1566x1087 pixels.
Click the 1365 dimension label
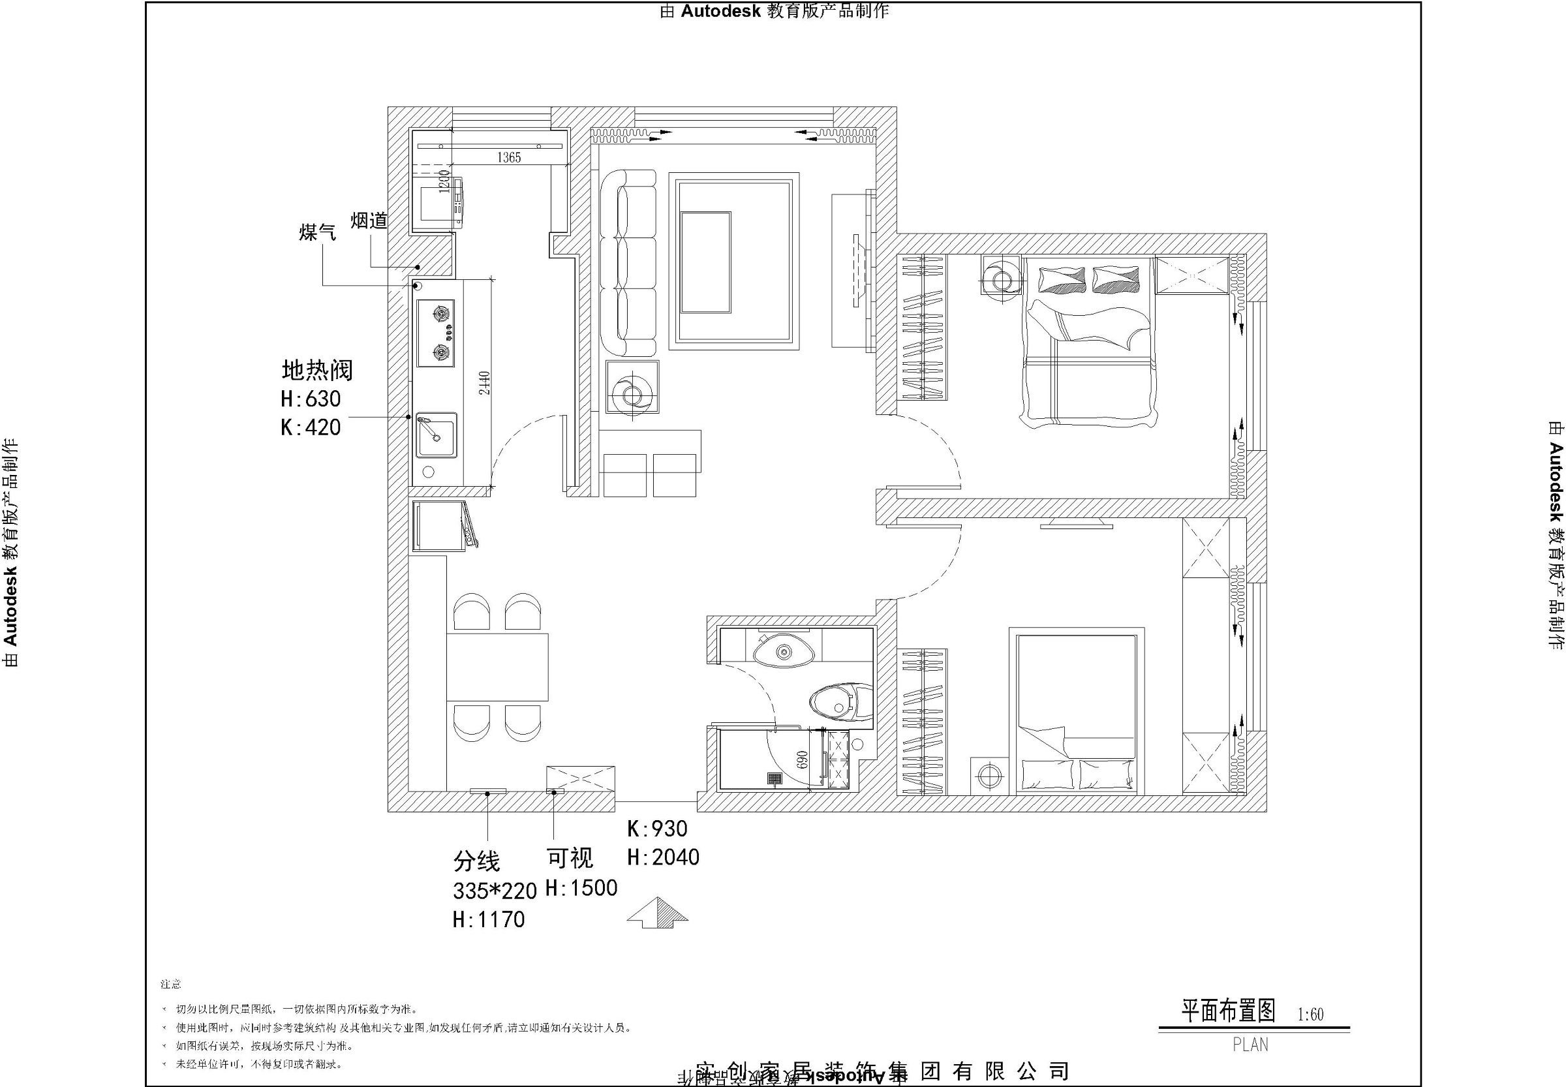508,158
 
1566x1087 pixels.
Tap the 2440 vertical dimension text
483,383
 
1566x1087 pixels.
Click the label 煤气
317,233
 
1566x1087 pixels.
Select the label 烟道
369,221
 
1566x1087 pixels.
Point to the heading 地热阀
317,371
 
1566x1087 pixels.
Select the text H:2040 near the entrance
663,857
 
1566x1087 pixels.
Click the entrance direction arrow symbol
657,912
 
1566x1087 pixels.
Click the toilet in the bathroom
840,702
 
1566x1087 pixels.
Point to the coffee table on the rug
706,262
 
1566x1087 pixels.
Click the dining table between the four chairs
497,667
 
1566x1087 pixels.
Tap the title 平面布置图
1228,1011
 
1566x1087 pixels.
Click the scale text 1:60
1311,1015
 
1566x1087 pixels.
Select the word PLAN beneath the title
1250,1045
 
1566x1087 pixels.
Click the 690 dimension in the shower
801,760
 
